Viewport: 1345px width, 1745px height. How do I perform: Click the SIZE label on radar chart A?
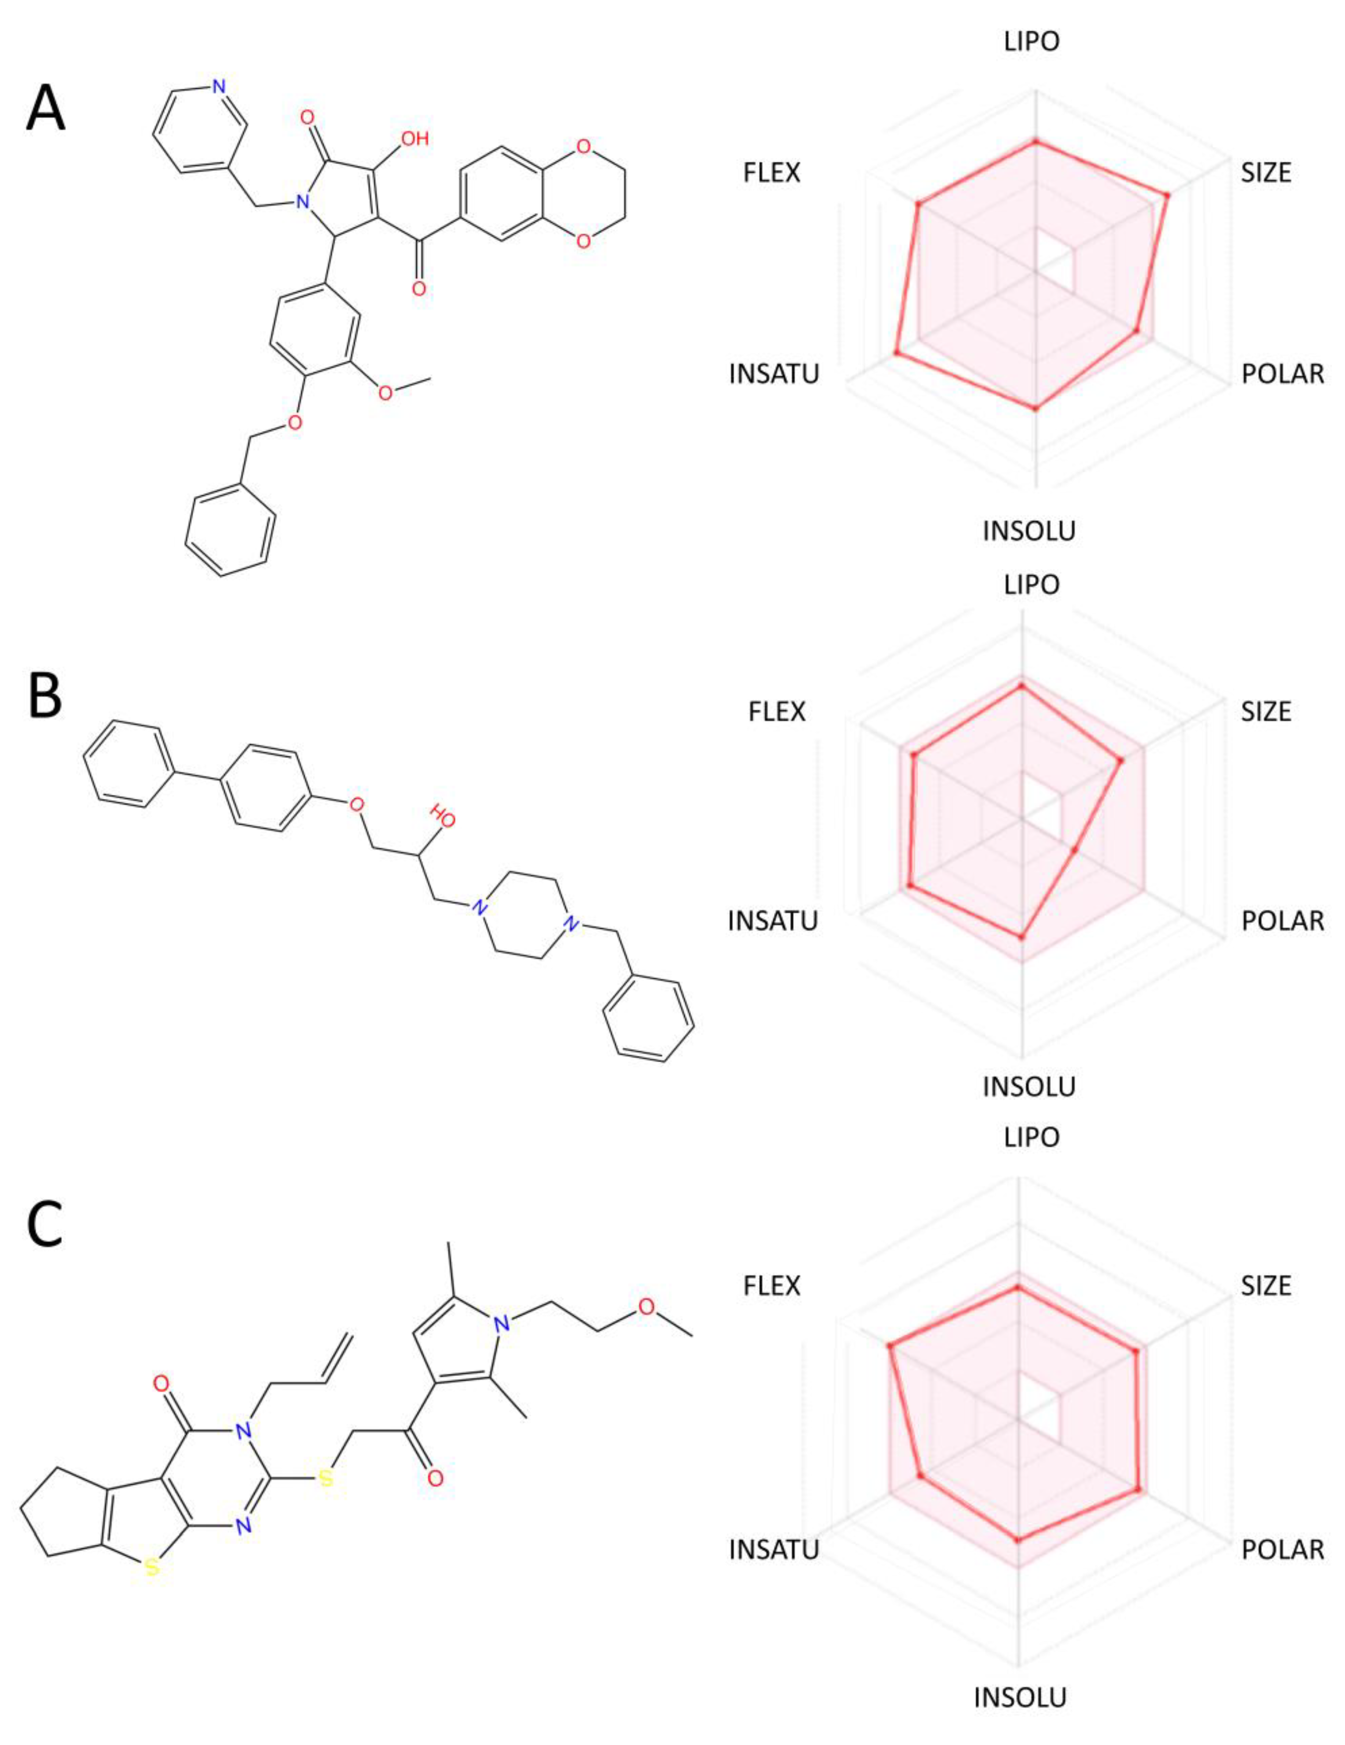click(1266, 173)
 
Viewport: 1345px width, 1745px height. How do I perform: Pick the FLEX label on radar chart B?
click(777, 711)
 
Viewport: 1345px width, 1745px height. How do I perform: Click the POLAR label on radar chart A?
click(1282, 373)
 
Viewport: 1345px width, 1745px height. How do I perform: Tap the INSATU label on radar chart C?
click(773, 1549)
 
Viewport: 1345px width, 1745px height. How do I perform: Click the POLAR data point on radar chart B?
click(1075, 848)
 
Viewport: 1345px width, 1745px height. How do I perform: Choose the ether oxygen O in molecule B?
click(356, 801)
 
